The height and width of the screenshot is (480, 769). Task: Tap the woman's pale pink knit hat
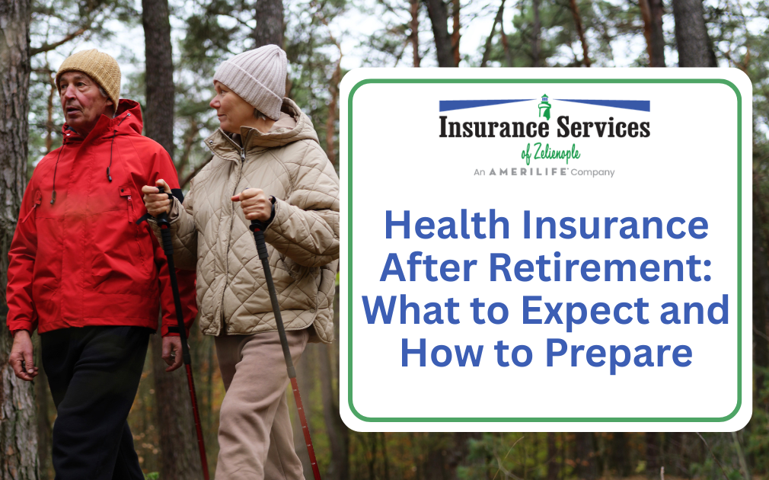(x=251, y=75)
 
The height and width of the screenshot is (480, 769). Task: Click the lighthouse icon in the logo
(x=544, y=106)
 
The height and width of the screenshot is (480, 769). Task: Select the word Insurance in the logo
(x=488, y=127)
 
